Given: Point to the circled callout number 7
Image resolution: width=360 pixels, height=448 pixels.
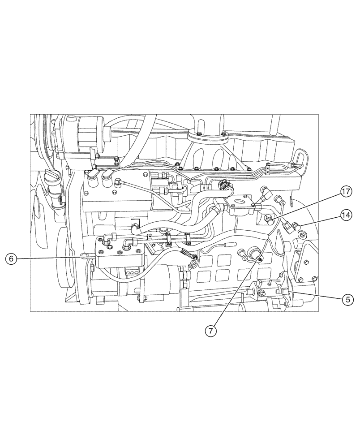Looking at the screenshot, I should click(x=212, y=331).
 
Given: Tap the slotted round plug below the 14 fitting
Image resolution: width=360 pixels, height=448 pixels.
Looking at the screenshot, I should click(x=301, y=235).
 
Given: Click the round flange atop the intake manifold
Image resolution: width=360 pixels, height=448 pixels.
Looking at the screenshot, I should click(x=207, y=133).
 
